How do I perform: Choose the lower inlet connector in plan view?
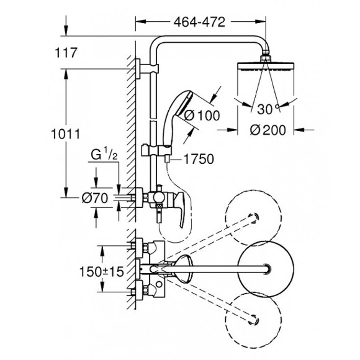pyautogui.click(x=139, y=288)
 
